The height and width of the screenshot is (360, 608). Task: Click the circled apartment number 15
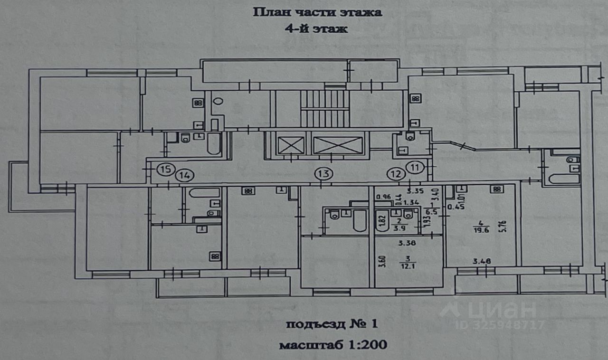click(x=165, y=169)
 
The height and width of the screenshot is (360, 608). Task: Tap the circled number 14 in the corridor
click(x=184, y=175)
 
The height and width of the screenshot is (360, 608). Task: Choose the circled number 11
click(x=416, y=167)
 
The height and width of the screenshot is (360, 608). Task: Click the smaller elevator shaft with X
click(x=288, y=144)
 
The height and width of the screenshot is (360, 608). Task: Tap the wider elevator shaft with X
click(x=338, y=145)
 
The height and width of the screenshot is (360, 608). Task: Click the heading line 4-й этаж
click(x=316, y=28)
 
